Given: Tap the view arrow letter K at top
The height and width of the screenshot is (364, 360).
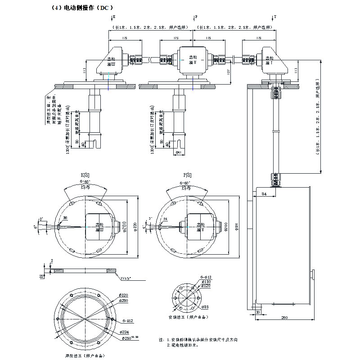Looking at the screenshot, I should [113, 17].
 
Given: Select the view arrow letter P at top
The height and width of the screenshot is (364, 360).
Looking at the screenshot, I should [196, 17].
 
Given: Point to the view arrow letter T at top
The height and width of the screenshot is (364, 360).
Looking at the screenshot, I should [275, 17].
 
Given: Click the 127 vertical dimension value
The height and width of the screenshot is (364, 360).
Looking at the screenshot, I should [229, 72].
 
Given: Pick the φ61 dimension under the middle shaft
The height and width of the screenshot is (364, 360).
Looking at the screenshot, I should [178, 153].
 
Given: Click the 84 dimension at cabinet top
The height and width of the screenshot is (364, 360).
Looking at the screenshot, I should [264, 194].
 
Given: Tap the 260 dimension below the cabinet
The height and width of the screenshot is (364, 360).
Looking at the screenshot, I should [284, 318].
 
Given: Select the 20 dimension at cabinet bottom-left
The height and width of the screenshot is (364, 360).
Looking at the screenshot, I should [258, 312].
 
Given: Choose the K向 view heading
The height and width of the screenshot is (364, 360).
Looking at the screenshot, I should [85, 175].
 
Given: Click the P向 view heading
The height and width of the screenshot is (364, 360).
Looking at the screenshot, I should [187, 175].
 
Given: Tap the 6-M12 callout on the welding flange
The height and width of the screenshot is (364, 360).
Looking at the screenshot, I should [127, 321].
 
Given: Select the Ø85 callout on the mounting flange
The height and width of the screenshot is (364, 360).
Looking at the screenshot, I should [205, 307].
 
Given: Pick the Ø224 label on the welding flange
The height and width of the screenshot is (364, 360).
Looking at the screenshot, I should [124, 332].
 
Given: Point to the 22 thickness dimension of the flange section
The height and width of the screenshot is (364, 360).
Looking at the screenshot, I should [42, 275].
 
